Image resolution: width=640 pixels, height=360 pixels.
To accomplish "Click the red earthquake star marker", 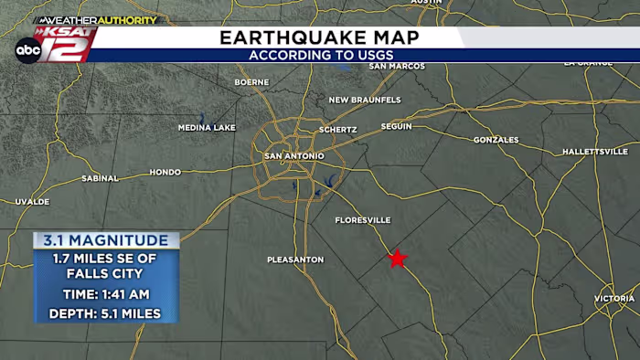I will coord(397,259).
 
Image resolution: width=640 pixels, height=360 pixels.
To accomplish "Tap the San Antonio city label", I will coord(293,156).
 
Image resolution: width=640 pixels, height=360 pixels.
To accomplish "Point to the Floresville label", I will coord(362,220).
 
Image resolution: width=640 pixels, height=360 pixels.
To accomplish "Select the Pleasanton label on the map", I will coord(295,259).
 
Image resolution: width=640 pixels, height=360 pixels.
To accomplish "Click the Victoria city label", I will coord(613,299).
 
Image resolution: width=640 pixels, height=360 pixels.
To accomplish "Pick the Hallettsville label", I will coord(594,151).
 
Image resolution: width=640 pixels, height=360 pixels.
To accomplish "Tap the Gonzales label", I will coord(496,140).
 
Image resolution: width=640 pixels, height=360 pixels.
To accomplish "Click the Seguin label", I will coord(397,126).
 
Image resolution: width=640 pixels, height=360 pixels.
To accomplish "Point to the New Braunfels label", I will coord(364,100).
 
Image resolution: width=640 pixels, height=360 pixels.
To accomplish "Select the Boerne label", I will coord(251,82).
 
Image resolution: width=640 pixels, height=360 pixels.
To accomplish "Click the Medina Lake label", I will coord(207,128).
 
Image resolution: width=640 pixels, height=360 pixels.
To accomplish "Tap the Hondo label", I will coord(165,172).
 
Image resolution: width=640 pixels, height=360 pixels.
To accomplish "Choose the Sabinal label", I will coord(100,178).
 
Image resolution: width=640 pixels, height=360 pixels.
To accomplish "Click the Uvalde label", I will coord(32,201).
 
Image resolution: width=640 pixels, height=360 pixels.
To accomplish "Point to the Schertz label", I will coord(337,130).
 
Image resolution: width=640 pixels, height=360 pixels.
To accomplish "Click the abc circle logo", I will coord(27,51).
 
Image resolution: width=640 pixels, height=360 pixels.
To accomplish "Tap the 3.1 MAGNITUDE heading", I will coord(106,240).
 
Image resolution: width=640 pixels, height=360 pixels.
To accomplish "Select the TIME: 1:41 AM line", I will coord(106,294).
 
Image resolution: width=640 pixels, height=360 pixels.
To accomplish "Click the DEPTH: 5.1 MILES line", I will coord(106,314).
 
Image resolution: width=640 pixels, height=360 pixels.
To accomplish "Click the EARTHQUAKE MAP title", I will coord(319,37).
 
